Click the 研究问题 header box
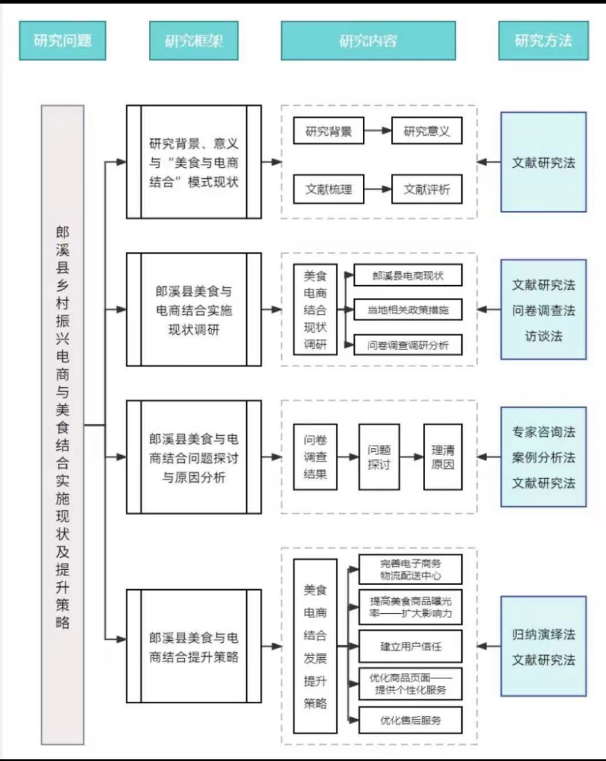click(x=62, y=41)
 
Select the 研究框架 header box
click(x=193, y=41)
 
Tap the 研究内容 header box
click(x=368, y=41)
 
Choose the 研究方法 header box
click(x=543, y=41)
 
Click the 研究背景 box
click(x=328, y=131)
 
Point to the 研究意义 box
click(x=426, y=131)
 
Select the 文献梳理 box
click(x=328, y=190)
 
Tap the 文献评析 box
click(x=426, y=190)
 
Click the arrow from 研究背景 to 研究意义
click(x=378, y=131)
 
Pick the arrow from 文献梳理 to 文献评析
click(x=378, y=190)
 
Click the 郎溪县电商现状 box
click(x=407, y=276)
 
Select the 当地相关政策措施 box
click(x=407, y=310)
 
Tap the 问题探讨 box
click(x=379, y=457)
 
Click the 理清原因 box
click(x=442, y=457)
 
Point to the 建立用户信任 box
click(x=410, y=646)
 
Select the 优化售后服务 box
click(x=410, y=720)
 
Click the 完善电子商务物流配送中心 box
click(x=410, y=569)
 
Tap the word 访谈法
click(x=543, y=336)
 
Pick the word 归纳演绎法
click(x=543, y=634)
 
